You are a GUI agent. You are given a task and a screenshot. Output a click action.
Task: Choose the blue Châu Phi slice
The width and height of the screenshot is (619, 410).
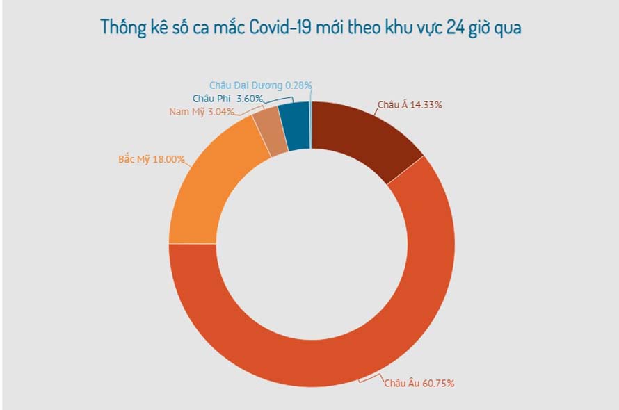(x=297, y=125)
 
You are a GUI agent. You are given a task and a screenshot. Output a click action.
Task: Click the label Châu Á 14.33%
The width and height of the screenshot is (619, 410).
(x=410, y=105)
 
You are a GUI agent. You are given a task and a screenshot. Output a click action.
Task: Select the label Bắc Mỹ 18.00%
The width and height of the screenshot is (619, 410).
(x=152, y=159)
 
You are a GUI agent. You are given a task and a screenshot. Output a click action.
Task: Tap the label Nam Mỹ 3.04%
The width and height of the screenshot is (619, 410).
(x=202, y=111)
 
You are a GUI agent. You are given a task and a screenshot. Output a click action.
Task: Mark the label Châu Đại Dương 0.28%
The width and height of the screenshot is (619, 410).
(x=261, y=85)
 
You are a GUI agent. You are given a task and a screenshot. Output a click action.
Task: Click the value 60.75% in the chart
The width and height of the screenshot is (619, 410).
(x=440, y=383)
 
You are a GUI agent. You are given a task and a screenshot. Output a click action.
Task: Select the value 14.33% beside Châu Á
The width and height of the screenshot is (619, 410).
(x=426, y=105)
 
